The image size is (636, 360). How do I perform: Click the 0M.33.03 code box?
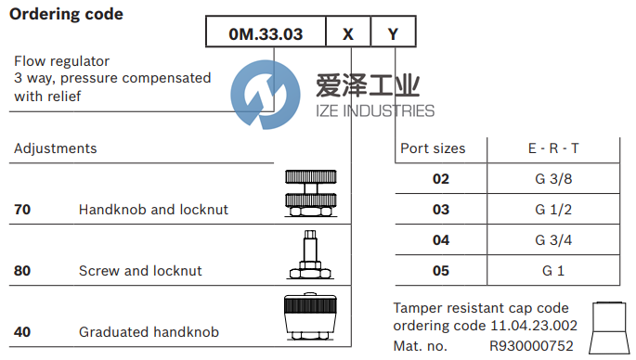(266, 32)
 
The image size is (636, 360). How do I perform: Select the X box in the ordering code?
(348, 32)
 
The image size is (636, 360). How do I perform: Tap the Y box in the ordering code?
(394, 32)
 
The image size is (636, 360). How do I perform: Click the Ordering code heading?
(66, 14)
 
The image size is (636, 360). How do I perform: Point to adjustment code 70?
(22, 210)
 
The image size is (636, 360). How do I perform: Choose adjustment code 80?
(22, 271)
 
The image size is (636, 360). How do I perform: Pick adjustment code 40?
(22, 332)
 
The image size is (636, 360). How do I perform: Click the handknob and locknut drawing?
(311, 193)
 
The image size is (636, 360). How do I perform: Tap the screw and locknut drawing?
(311, 254)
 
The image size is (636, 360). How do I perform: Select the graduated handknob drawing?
(311, 316)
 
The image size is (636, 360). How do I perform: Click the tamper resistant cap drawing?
(609, 328)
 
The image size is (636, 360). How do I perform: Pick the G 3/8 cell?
(553, 179)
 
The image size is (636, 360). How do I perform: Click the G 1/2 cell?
(553, 210)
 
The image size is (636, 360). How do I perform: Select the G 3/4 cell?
(553, 240)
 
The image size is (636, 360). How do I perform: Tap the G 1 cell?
(553, 271)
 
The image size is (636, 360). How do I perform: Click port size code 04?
(441, 240)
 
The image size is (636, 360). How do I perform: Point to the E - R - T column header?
(553, 148)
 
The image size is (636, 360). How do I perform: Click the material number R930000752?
(531, 346)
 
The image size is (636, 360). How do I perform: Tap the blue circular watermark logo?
(266, 95)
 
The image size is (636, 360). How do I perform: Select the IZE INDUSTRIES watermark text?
(375, 111)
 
